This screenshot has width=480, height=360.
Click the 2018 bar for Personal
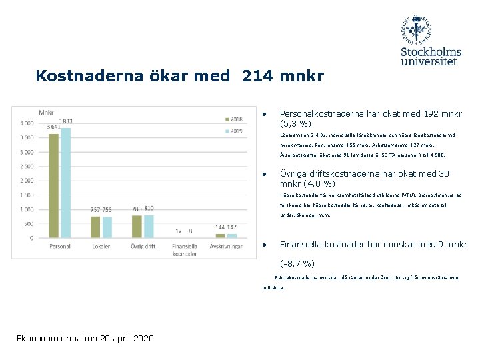pyautogui.click(x=54, y=185)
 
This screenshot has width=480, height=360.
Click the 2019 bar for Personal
pyautogui.click(x=65, y=183)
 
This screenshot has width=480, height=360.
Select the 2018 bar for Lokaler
pyautogui.click(x=95, y=227)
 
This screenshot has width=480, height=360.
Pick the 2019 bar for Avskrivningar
pyautogui.click(x=231, y=235)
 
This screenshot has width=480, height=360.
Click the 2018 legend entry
pyautogui.click(x=233, y=119)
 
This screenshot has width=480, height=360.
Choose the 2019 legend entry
pyautogui.click(x=233, y=131)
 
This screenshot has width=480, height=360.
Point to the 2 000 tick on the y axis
pyautogui.click(x=26, y=181)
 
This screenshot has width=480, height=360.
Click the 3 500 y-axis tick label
pyautogui.click(x=26, y=137)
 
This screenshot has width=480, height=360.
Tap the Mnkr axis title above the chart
pyautogui.click(x=47, y=111)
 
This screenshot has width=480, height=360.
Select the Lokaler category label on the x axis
pyautogui.click(x=101, y=247)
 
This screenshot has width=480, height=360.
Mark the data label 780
pyautogui.click(x=137, y=209)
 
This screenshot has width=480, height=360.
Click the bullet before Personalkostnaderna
pyautogui.click(x=265, y=114)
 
